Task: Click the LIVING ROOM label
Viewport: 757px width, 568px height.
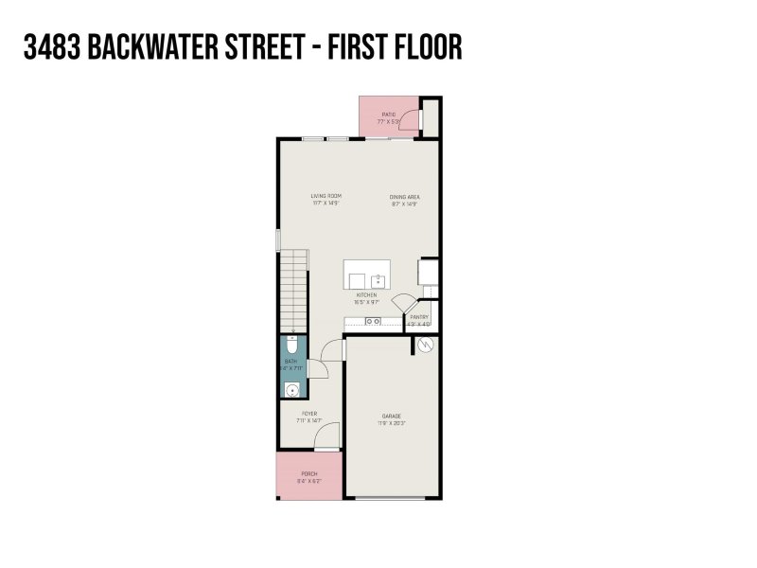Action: coord(325,196)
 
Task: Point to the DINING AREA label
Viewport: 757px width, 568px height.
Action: coord(404,196)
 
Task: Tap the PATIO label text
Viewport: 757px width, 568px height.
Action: coord(389,114)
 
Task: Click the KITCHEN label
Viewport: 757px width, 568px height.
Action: coord(366,295)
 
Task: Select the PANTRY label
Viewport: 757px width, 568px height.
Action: coord(419,317)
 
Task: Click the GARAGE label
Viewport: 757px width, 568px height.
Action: coord(392,416)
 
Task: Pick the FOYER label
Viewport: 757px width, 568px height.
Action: coord(308,413)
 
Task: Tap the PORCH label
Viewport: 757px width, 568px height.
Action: coord(308,473)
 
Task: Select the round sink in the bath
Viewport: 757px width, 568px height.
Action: coord(292,388)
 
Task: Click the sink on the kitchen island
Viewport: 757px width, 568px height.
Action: coord(378,280)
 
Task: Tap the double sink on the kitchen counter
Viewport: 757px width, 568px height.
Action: coord(374,322)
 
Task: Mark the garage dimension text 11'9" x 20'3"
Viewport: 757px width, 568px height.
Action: coord(392,422)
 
